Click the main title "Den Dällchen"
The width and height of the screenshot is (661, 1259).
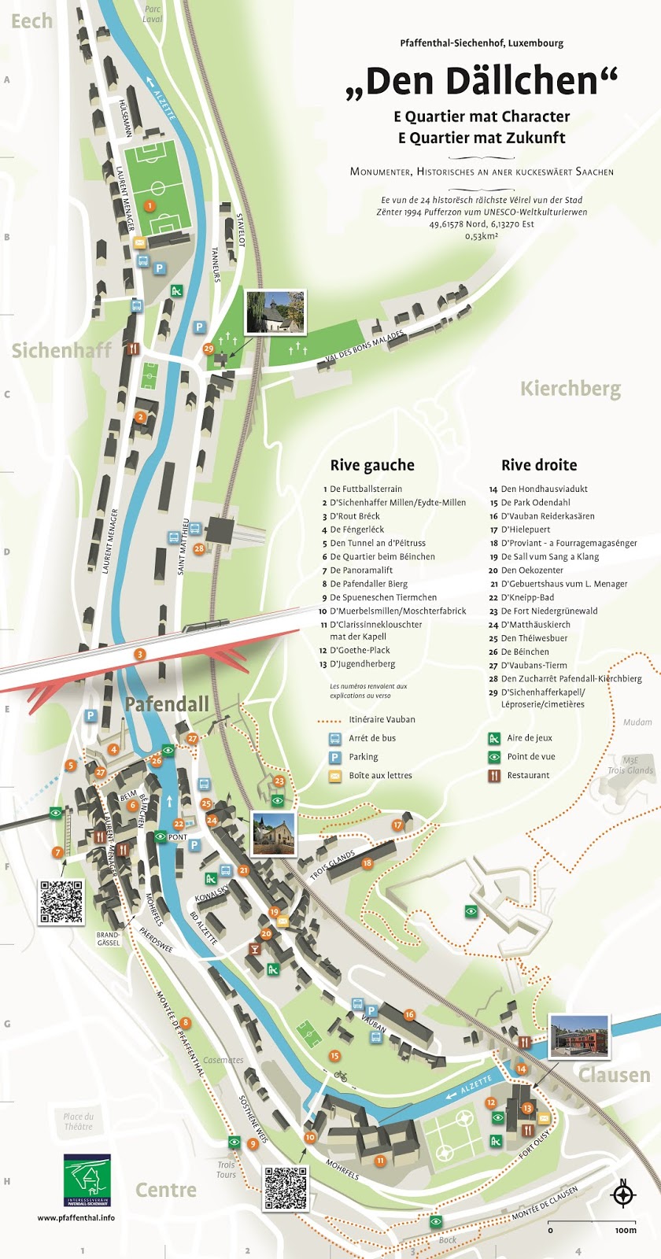pyautogui.click(x=482, y=81)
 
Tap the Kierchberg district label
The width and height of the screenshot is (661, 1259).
pyautogui.click(x=571, y=389)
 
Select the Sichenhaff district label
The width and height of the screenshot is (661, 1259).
pyautogui.click(x=61, y=351)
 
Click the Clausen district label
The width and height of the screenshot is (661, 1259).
pyautogui.click(x=614, y=1075)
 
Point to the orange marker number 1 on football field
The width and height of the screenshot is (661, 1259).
pyautogui.click(x=150, y=205)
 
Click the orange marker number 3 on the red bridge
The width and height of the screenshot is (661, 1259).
pyautogui.click(x=140, y=654)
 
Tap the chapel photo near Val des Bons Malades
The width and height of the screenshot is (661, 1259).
pyautogui.click(x=275, y=311)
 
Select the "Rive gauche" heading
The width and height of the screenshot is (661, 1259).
pyautogui.click(x=371, y=465)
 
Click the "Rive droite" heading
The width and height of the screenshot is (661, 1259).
pyautogui.click(x=539, y=465)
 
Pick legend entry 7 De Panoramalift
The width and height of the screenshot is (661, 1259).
pyautogui.click(x=361, y=570)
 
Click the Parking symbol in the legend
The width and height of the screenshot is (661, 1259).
pyautogui.click(x=335, y=757)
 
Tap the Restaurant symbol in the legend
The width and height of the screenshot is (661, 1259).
pyautogui.click(x=494, y=775)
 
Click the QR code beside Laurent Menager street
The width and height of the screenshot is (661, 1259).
pyautogui.click(x=61, y=902)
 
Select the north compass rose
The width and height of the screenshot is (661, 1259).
pyautogui.click(x=622, y=1194)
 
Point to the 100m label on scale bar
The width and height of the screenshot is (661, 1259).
pyautogui.click(x=626, y=1230)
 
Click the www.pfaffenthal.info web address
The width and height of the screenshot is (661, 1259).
pyautogui.click(x=76, y=1217)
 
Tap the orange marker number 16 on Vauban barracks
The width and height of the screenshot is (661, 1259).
pyautogui.click(x=409, y=1014)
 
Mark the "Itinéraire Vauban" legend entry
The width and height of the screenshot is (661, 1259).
pyautogui.click(x=382, y=719)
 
